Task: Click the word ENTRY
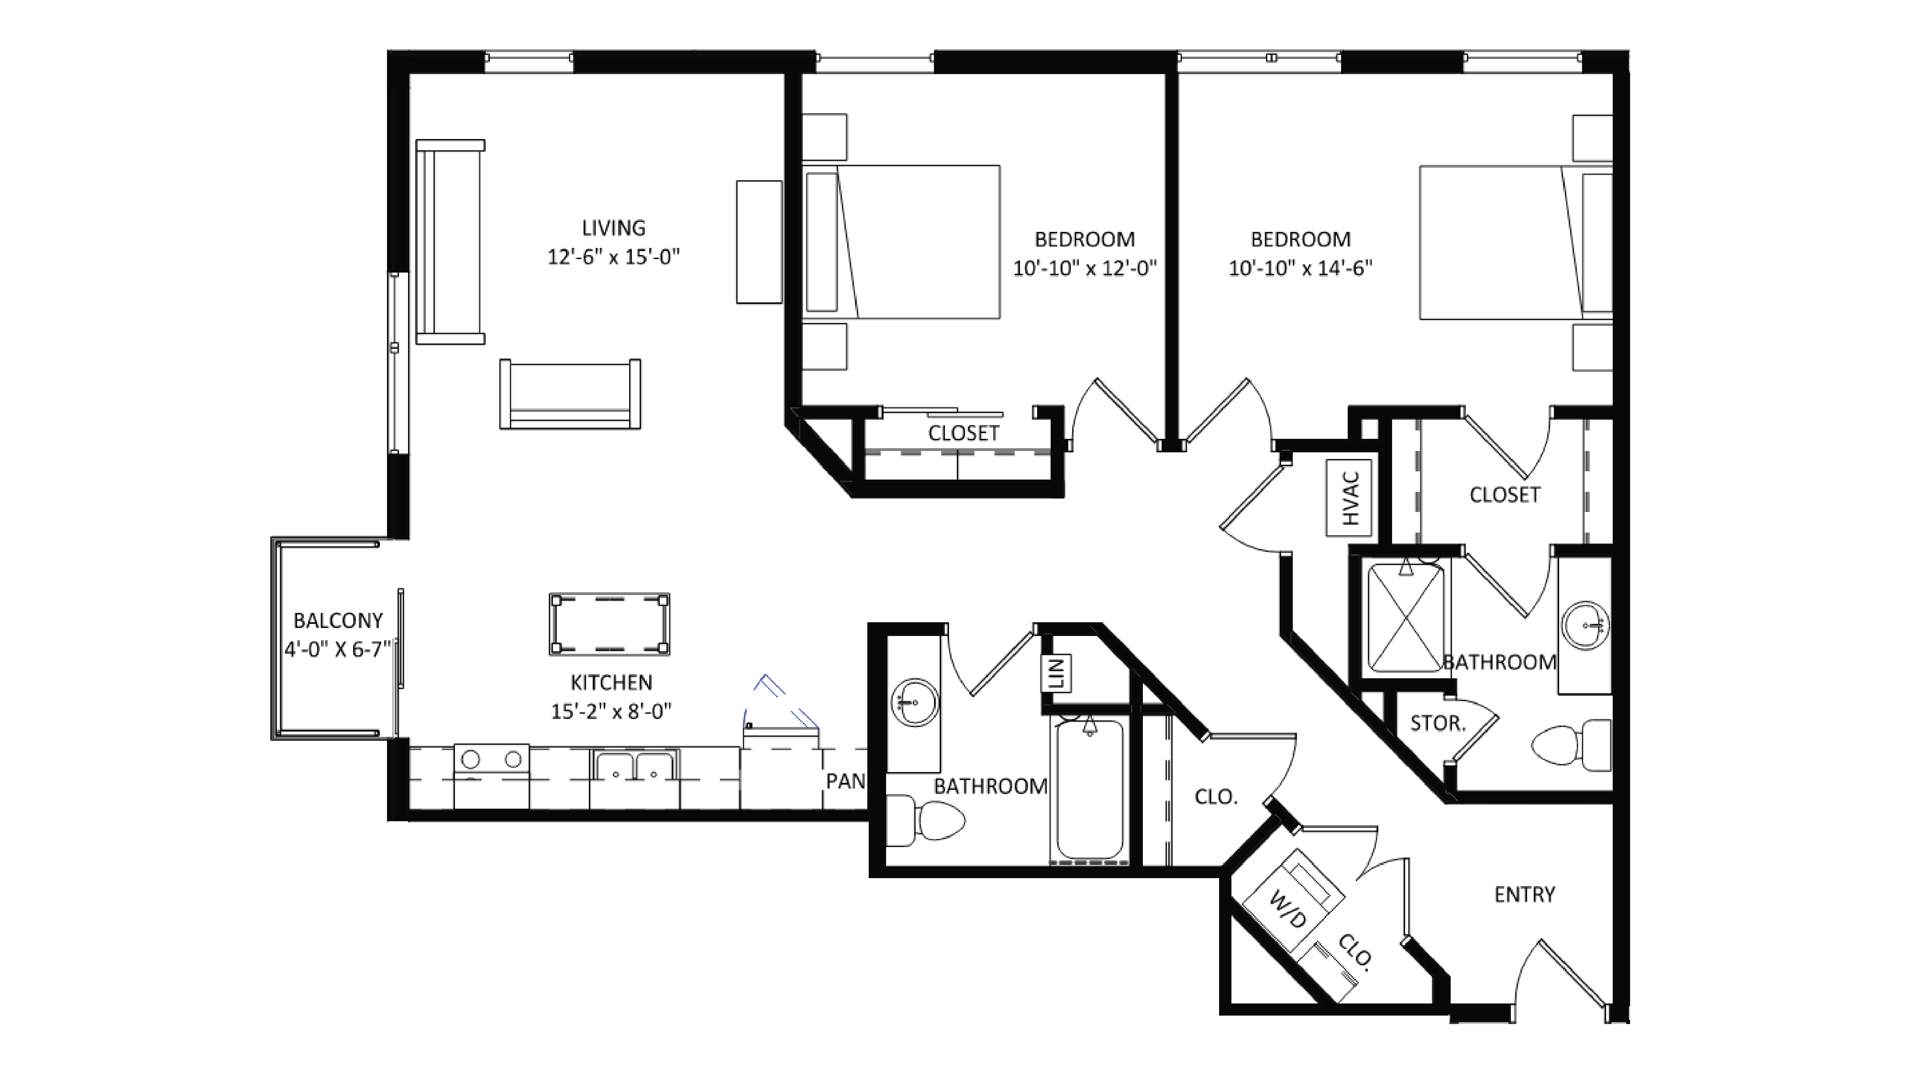[x=1524, y=895]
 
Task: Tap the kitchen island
[x=609, y=624]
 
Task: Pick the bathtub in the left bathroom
[x=1090, y=790]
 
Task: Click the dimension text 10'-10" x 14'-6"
[x=1301, y=268]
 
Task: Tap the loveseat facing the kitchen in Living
[x=570, y=394]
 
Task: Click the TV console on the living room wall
[x=759, y=242]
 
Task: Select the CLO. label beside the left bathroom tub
[x=1216, y=797]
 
